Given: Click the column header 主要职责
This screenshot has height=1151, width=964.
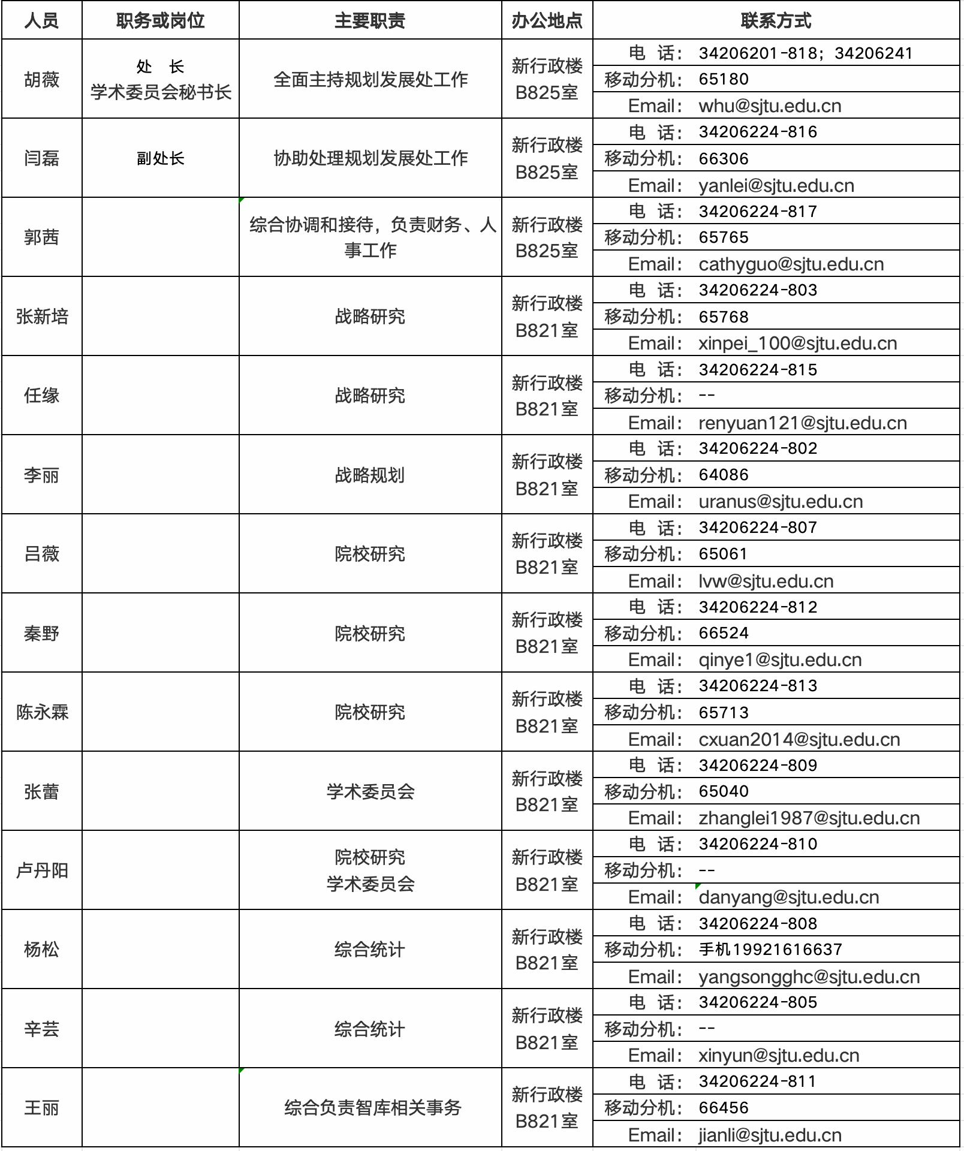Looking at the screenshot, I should coord(370,21).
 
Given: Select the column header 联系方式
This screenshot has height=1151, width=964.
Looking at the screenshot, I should coord(776,21).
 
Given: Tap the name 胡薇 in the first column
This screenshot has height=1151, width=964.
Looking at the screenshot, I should coord(42,79).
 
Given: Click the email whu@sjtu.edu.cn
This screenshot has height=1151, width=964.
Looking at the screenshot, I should coord(770,106).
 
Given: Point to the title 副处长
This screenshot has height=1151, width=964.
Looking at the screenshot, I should coord(161,158).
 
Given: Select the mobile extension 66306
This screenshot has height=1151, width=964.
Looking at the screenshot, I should coord(724,159).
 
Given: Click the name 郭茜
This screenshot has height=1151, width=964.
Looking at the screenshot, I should coord(42,237).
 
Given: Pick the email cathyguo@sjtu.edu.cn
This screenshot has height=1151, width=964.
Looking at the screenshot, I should coord(791,264).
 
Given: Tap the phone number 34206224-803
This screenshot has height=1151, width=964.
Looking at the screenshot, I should coord(758,290).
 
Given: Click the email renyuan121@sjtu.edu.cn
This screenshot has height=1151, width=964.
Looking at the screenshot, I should coord(802,423).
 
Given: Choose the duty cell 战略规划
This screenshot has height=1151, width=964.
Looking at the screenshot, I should coord(370,475).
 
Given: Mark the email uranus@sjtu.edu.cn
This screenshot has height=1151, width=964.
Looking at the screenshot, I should coord(781,502).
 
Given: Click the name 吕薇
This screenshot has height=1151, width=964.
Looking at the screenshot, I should coord(42,554).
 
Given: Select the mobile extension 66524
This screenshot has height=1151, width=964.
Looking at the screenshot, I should coord(724,634).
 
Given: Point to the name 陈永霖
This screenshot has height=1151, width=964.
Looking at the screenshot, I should coord(42,712).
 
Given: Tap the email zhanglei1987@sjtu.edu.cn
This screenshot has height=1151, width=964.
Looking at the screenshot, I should coord(809,818).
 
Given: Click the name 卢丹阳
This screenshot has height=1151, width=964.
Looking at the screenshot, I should coord(42,870).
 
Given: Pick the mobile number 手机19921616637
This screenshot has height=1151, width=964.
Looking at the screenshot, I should coord(770,950).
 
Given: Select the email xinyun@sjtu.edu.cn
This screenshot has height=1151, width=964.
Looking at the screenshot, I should coord(779,1056).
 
